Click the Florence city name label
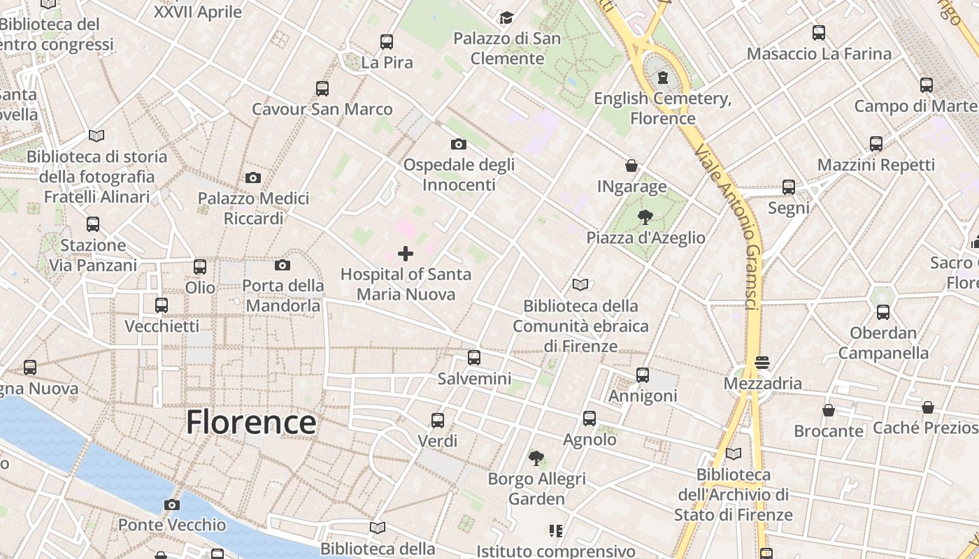pyautogui.click(x=251, y=423)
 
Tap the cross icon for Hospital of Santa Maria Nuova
pyautogui.click(x=406, y=254)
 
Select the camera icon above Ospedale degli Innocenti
pyautogui.click(x=459, y=145)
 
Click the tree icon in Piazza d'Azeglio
pyautogui.click(x=645, y=217)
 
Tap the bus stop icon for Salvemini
pyautogui.click(x=474, y=358)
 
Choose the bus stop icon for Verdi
pyautogui.click(x=438, y=421)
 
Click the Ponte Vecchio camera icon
pyautogui.click(x=172, y=504)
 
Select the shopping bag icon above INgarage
pyautogui.click(x=631, y=166)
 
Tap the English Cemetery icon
pyautogui.click(x=663, y=78)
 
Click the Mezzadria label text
pyautogui.click(x=762, y=384)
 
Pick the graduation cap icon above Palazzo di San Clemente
pyautogui.click(x=506, y=17)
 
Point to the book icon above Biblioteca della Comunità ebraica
pyautogui.click(x=580, y=285)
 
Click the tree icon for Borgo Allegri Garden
pyautogui.click(x=536, y=458)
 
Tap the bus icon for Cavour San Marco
pyautogui.click(x=322, y=89)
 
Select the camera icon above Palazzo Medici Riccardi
pyautogui.click(x=253, y=178)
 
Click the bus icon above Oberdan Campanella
pyautogui.click(x=883, y=312)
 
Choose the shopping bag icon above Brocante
pyautogui.click(x=829, y=410)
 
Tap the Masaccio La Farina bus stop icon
pyautogui.click(x=819, y=33)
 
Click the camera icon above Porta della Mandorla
pyautogui.click(x=283, y=265)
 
